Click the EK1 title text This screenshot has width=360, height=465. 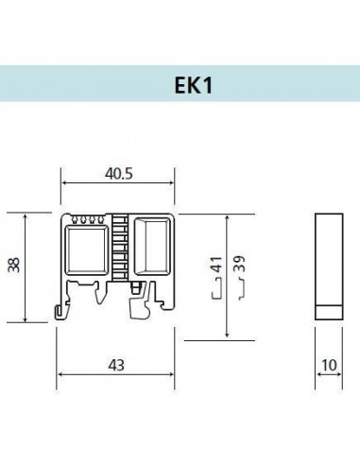click(194, 85)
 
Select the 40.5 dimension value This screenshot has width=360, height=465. click(119, 174)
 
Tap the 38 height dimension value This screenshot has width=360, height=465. click(14, 265)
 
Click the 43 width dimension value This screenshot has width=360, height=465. click(116, 365)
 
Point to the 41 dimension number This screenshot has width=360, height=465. click(216, 265)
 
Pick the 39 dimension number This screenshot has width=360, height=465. click(240, 264)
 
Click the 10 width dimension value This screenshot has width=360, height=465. click(330, 366)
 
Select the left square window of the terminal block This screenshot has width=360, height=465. click(86, 250)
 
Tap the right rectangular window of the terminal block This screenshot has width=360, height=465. click(151, 246)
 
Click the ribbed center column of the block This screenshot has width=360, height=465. click(120, 248)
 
